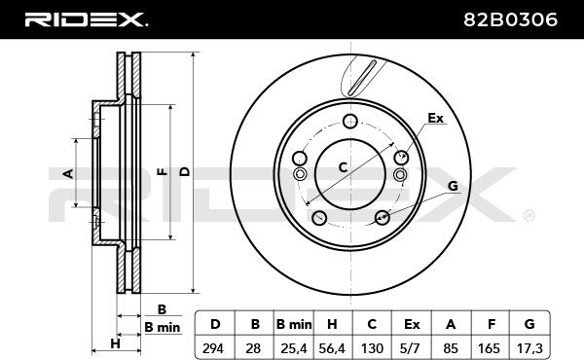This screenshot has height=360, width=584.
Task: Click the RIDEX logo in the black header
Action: click(x=86, y=19)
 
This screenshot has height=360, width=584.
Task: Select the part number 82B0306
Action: click(x=510, y=19)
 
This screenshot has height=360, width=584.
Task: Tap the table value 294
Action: click(x=213, y=348)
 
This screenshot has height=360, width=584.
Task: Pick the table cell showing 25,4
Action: click(x=294, y=348)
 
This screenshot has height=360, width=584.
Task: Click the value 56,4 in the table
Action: click(x=332, y=348)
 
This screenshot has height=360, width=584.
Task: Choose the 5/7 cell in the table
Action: click(x=411, y=348)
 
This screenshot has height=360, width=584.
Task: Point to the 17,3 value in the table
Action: click(x=529, y=348)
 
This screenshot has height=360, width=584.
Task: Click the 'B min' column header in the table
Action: click(x=294, y=324)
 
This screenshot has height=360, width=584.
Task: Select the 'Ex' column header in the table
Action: click(x=412, y=324)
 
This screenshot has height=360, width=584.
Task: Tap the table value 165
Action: click(x=489, y=348)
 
